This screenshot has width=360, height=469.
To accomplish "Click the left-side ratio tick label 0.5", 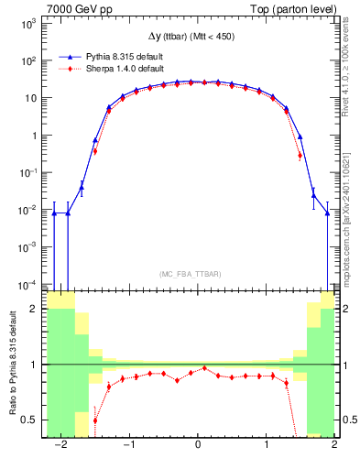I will coord(29,420).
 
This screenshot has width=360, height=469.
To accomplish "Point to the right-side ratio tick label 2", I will coord(348,310).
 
